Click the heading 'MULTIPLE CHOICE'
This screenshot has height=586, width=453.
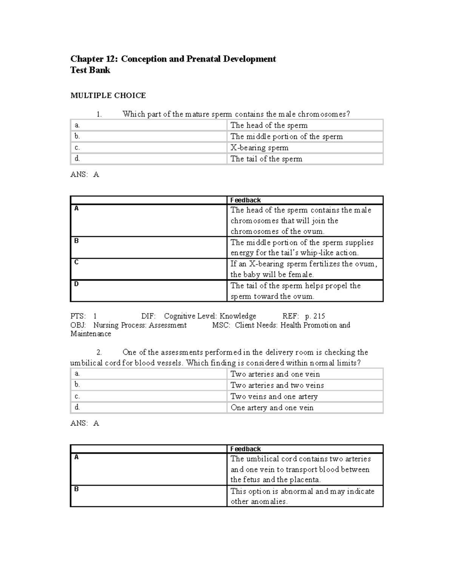108,95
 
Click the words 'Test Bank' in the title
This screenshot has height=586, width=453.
90,70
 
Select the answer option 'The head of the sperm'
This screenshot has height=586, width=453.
269,125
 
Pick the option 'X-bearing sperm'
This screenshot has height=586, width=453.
259,148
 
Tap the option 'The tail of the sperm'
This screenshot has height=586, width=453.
266,159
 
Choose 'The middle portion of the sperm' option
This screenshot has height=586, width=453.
287,137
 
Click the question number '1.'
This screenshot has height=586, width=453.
99,114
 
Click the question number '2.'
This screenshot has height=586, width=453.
99,352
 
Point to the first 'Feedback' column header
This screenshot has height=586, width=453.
245,200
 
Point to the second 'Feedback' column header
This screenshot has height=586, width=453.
245,449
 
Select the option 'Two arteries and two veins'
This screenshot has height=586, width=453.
277,385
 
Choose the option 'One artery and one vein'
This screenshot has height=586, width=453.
272,408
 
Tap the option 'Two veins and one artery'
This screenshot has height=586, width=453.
274,397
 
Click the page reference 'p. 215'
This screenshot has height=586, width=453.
315,316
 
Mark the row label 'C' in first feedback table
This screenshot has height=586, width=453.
76,262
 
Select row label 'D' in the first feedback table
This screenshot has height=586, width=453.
76,284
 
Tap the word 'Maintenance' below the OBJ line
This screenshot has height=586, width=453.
91,334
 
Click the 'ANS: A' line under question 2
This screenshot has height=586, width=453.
85,423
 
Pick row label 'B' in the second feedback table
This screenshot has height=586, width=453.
76,489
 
